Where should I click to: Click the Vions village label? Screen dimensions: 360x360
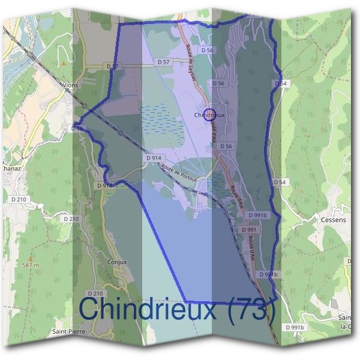pos(71,85)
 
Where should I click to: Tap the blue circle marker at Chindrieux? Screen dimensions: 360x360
pos(209,114)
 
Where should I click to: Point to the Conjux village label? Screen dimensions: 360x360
pos(115,262)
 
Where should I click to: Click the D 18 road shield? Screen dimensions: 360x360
pos(77,128)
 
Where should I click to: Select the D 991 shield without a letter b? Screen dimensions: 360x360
pos(248,230)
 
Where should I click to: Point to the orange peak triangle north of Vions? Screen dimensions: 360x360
pos(62,62)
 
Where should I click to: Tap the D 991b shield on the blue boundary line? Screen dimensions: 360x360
pos(268,274)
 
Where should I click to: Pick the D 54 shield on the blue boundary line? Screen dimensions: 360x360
pos(280,83)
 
